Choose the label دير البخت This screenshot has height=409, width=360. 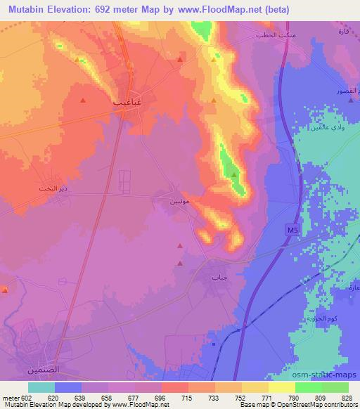[x=51, y=189]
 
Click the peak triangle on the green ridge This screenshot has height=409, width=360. [x=233, y=173]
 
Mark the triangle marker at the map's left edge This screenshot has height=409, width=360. [x=4, y=290]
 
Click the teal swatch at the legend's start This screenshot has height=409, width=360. [x=41, y=387]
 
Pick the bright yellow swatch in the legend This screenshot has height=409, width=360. [x=282, y=387]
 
